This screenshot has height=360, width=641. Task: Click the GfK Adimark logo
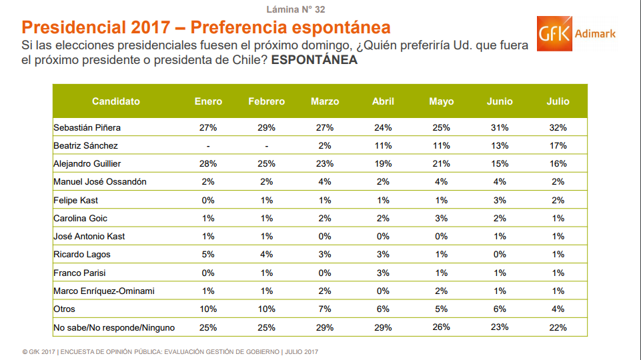576,34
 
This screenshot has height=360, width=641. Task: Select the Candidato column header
116,101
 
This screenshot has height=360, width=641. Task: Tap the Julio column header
558,101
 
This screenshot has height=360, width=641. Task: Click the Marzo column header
325,101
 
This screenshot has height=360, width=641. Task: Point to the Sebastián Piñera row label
87,127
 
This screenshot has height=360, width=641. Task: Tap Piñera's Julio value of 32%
558,127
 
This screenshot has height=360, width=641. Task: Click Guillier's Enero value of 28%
209,163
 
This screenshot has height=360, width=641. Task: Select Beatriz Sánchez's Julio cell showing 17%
558,145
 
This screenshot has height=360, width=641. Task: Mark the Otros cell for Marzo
325,309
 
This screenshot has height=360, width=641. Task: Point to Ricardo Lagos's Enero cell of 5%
209,254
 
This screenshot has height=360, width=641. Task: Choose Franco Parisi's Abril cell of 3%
383,273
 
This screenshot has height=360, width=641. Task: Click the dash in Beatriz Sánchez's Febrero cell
266,145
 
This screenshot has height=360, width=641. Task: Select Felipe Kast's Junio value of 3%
500,200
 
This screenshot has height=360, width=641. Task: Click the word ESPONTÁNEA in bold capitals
314,59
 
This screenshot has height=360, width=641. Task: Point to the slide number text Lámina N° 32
295,9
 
